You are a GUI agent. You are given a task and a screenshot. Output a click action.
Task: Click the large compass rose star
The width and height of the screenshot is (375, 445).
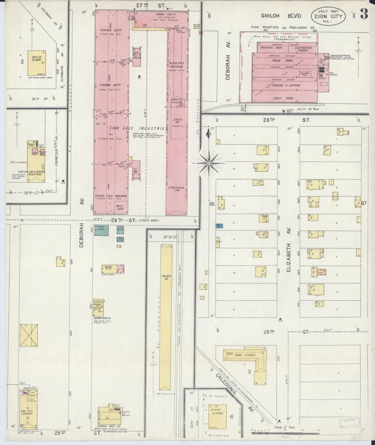(x=209, y=163)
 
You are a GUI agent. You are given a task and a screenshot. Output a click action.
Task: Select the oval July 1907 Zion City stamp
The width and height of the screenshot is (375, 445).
(x=328, y=16)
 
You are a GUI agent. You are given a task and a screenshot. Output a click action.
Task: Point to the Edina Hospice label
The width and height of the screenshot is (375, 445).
(x=245, y=355)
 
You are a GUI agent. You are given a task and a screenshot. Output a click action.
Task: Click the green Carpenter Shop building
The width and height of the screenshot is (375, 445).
(x=101, y=230)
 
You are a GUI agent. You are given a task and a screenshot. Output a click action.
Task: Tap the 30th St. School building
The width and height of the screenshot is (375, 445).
(x=37, y=63)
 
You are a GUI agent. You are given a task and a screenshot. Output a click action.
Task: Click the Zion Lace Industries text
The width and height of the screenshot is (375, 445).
(x=138, y=128)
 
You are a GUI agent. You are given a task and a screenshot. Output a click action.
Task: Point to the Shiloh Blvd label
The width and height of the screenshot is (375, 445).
(x=281, y=16)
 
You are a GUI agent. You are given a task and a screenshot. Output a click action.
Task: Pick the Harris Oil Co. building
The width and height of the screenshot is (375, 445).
(x=113, y=269)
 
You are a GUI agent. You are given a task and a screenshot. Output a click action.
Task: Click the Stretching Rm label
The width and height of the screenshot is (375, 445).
(x=176, y=189)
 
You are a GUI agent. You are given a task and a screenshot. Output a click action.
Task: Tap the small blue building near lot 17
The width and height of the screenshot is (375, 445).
(x=219, y=226)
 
